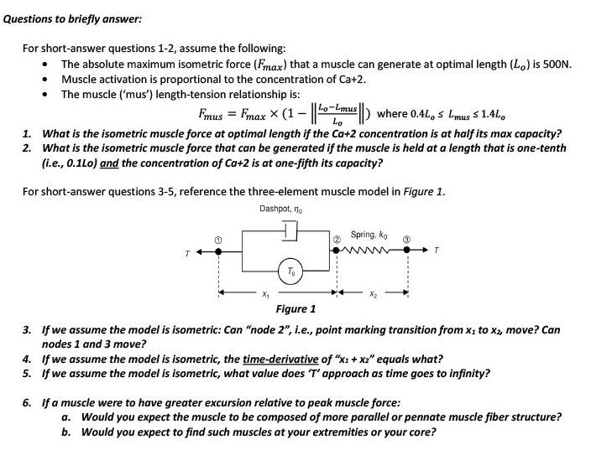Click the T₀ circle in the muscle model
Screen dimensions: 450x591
tap(290, 270)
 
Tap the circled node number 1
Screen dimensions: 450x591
tap(219, 241)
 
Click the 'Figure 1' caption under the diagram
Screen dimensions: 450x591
tap(296, 308)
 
